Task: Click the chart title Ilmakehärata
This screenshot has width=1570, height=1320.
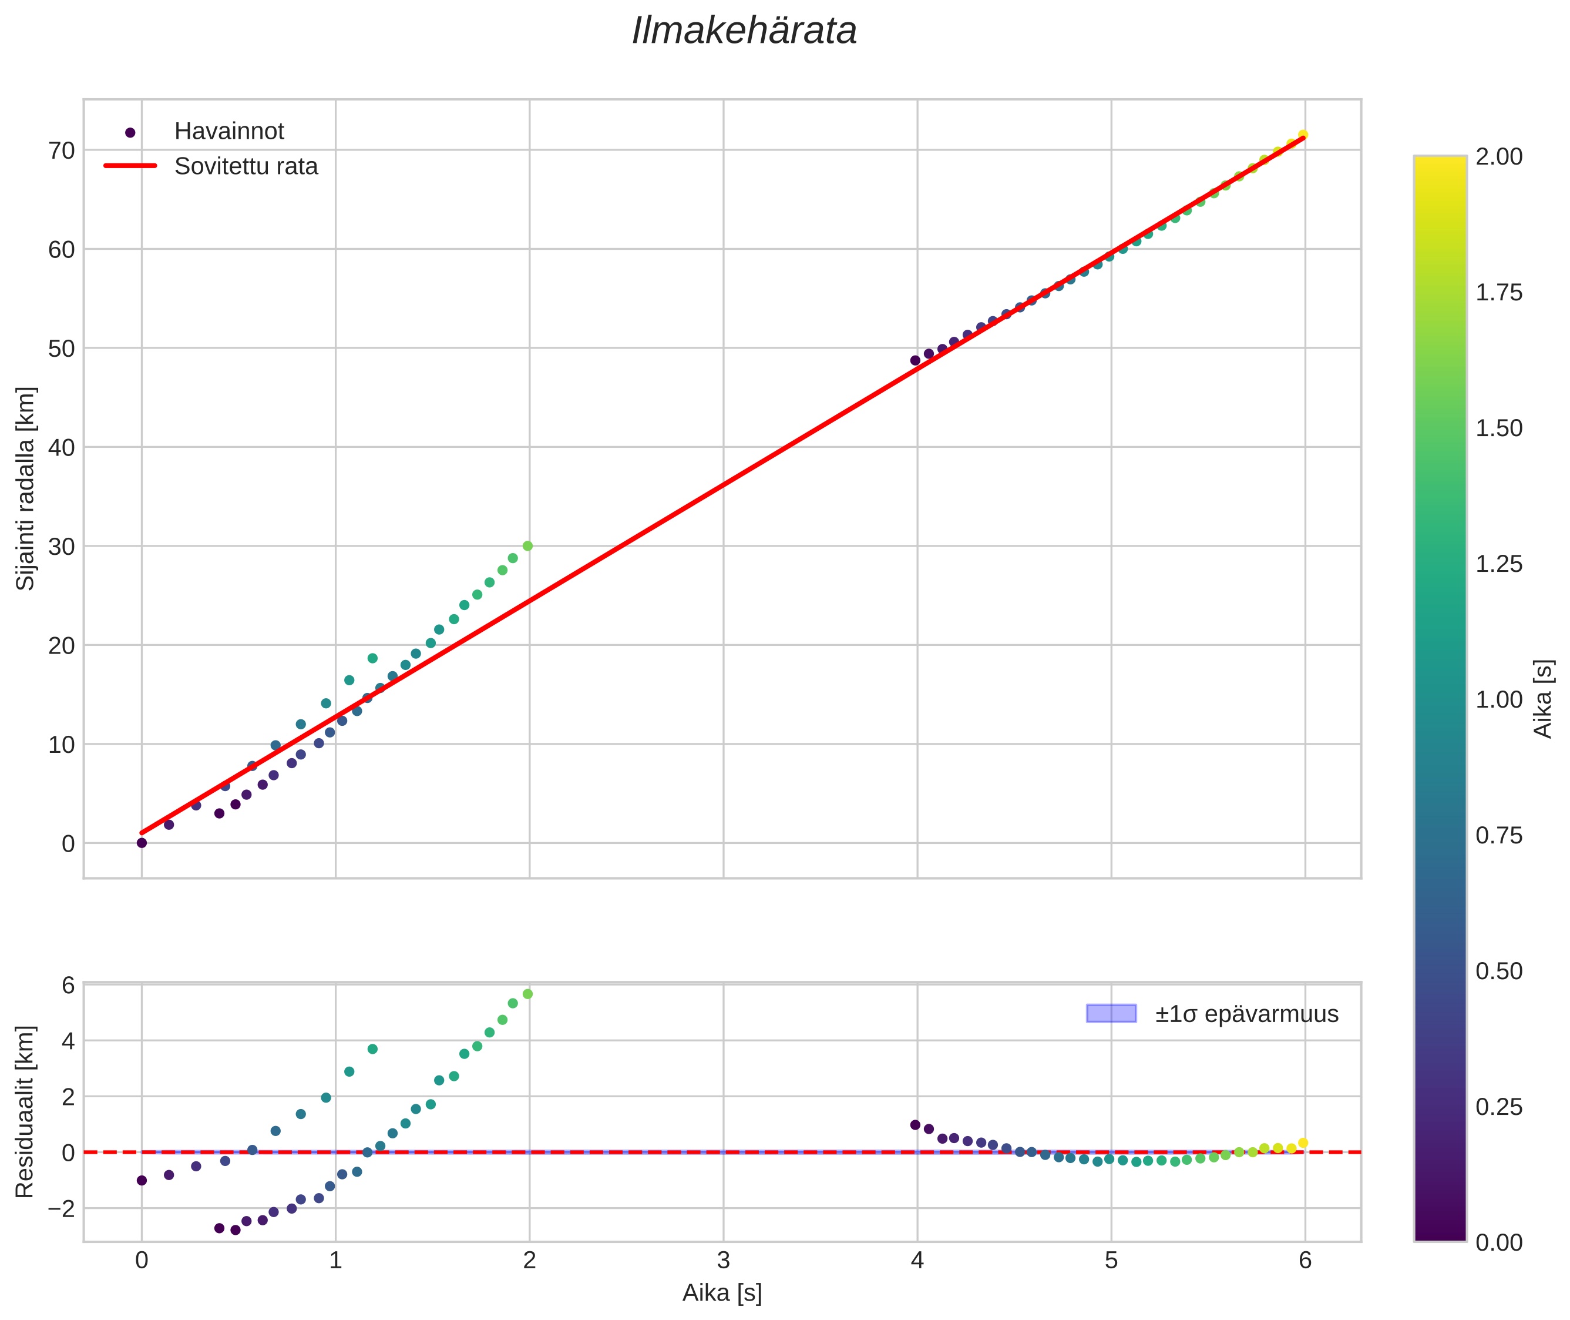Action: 744,31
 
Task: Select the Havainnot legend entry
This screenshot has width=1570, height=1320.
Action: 229,132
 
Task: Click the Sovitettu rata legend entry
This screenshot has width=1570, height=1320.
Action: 246,166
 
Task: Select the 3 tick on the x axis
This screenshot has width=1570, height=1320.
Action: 723,1261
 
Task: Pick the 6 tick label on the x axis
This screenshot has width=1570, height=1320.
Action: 1305,1261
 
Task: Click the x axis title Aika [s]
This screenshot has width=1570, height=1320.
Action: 722,1293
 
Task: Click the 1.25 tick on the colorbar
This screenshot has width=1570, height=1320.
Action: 1498,564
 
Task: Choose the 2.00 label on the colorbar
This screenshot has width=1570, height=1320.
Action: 1498,156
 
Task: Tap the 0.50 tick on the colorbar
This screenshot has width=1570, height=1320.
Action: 1498,971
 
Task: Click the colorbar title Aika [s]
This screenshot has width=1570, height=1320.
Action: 1542,698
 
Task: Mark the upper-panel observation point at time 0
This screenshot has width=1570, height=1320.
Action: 142,843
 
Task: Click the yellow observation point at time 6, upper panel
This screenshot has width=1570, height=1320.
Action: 1303,135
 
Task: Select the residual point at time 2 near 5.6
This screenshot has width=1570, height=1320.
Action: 527,994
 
